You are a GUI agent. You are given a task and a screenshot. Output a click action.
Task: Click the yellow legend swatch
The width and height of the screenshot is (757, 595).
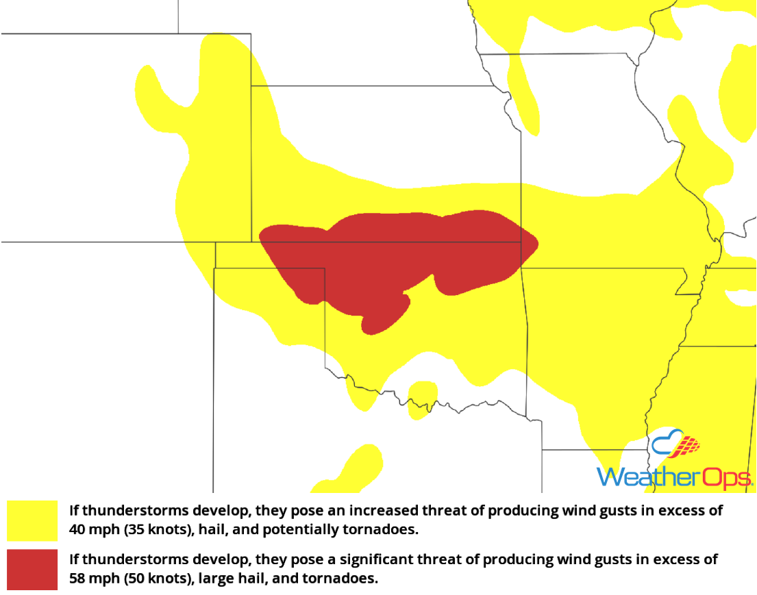(32, 520)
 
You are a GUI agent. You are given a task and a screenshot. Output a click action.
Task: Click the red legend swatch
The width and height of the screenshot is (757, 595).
(32, 569)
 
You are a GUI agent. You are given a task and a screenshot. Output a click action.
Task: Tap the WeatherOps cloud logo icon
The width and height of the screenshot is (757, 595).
(676, 445)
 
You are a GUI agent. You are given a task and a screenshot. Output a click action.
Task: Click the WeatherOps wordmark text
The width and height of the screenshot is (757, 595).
(675, 477)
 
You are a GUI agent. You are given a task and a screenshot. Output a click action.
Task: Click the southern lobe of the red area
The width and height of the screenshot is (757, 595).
(384, 316)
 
